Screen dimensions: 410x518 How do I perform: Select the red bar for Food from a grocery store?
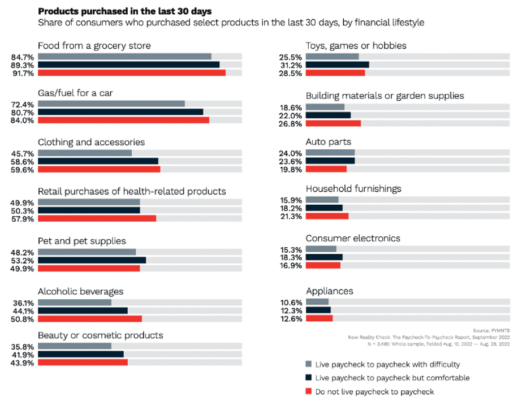[132, 73]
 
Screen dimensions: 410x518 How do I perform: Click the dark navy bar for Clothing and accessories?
[98, 161]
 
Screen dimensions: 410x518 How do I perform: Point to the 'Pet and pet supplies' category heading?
[81, 241]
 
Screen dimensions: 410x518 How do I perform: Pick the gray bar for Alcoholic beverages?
[75, 303]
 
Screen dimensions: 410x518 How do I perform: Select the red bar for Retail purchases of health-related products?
[97, 218]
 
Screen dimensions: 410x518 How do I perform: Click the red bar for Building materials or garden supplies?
[333, 123]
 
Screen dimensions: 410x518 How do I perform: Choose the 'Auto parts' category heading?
[329, 142]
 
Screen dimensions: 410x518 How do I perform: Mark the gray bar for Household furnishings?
[322, 200]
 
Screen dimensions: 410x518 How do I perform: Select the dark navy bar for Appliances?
[318, 310]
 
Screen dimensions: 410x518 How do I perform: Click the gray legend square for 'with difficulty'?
[308, 364]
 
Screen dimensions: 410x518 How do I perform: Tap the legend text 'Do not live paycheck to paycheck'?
[375, 391]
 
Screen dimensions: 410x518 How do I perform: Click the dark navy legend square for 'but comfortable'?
[308, 378]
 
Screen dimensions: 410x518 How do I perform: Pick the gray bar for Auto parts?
[330, 153]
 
